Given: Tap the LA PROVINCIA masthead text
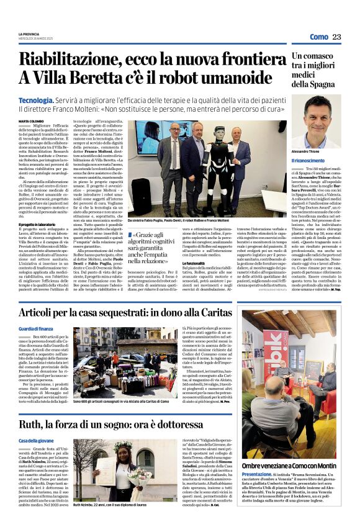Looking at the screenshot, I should [x=30, y=34].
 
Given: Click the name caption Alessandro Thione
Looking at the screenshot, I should [x=308, y=151].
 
